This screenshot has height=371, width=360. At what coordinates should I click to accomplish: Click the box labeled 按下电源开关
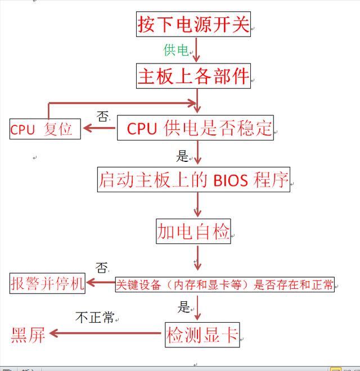[193, 24]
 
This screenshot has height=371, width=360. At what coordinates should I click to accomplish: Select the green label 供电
[175, 50]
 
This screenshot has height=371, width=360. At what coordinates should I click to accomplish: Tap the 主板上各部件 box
[193, 76]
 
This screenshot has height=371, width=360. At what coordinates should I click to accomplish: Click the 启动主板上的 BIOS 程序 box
[193, 179]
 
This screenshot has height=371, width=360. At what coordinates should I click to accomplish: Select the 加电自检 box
[193, 231]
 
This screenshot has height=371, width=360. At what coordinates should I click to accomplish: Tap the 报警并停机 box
[47, 283]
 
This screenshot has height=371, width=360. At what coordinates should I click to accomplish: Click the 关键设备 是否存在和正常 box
[224, 284]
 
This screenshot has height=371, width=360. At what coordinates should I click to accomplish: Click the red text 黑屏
[28, 335]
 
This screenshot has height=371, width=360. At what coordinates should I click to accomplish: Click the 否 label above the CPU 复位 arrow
[102, 117]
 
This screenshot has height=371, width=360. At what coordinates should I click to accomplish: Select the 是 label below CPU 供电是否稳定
[182, 156]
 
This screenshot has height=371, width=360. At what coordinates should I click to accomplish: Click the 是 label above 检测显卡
[184, 307]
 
